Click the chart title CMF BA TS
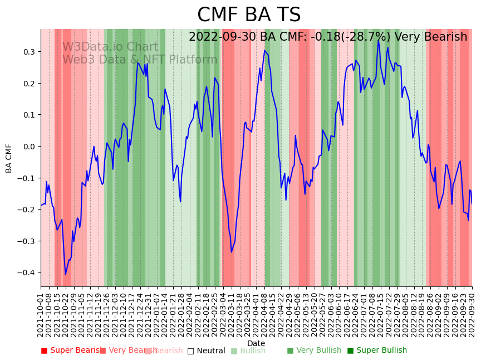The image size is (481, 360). (x=249, y=15)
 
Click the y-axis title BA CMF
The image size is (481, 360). (x=9, y=158)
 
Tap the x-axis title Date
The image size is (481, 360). (x=256, y=343)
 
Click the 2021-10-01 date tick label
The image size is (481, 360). (x=41, y=315)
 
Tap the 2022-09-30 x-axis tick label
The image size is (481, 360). (x=472, y=315)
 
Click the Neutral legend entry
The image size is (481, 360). (x=207, y=351)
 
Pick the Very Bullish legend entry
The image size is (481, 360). (x=315, y=351)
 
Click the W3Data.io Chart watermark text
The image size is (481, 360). (x=110, y=47)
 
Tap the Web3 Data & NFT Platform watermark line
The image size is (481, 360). (x=140, y=60)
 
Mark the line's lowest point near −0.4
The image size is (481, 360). (x=65, y=274)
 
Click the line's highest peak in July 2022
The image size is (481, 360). (x=379, y=40)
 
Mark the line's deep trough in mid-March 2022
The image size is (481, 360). (x=232, y=252)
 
